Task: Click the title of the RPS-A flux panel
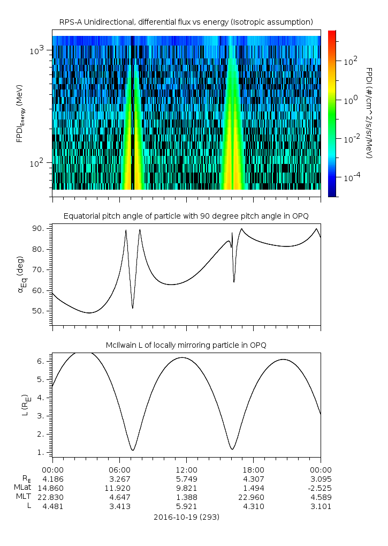(x=186, y=22)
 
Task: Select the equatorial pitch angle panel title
(x=186, y=216)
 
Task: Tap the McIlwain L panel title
(x=186, y=345)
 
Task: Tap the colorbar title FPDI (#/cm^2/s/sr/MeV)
(x=369, y=113)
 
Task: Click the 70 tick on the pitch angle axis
(x=41, y=270)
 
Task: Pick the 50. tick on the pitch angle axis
(x=41, y=311)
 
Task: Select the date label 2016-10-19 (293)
(x=186, y=517)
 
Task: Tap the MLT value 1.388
(x=186, y=497)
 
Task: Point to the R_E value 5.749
(x=186, y=478)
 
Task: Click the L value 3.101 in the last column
(x=320, y=506)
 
